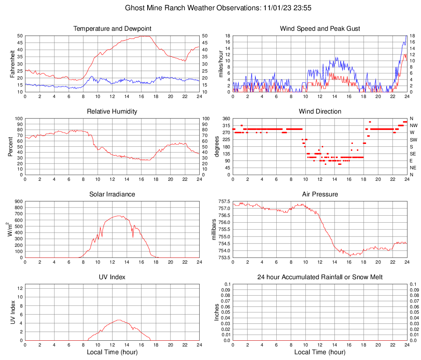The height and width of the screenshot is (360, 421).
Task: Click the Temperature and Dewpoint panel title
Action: (112, 29)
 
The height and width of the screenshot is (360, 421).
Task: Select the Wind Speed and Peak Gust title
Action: (320, 29)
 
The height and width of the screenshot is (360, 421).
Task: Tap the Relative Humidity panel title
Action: (112, 112)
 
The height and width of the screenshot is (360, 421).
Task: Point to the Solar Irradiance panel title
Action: (112, 194)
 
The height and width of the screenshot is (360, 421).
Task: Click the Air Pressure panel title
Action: (320, 194)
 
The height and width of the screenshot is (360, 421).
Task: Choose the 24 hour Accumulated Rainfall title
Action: (320, 277)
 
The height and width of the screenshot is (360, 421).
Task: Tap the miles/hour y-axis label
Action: (221, 64)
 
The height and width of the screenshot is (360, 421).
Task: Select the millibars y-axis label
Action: (214, 230)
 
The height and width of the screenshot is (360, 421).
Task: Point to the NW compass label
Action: (413, 125)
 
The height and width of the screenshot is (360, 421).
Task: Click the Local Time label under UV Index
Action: (112, 352)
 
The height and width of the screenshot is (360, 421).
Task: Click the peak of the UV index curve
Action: (119, 320)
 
